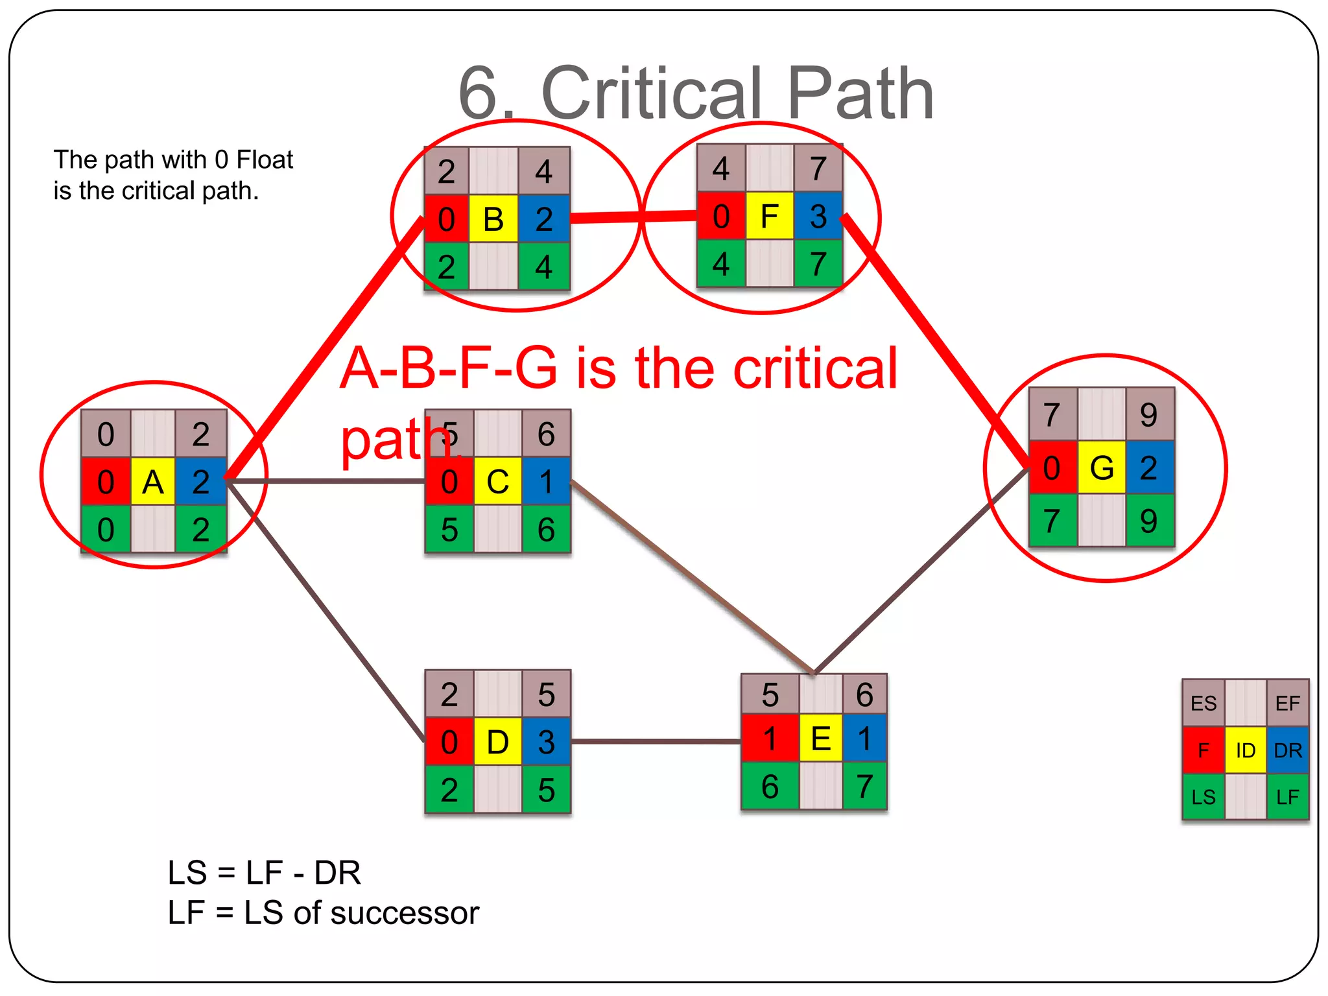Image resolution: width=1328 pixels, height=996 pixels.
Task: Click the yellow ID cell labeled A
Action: pyautogui.click(x=152, y=482)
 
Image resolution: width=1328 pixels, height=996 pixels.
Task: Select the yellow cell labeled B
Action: pyautogui.click(x=493, y=219)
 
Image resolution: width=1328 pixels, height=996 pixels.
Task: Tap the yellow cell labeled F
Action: pyautogui.click(x=769, y=216)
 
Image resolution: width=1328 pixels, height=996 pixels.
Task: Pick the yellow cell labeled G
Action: pyautogui.click(x=1102, y=468)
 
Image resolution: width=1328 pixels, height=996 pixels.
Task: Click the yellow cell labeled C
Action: pyautogui.click(x=497, y=482)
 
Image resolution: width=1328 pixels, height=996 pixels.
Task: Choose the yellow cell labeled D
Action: pyautogui.click(x=497, y=742)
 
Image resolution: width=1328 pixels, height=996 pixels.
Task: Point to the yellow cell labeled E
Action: pyautogui.click(x=820, y=739)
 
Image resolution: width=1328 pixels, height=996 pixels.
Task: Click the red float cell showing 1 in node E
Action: pyautogui.click(x=770, y=739)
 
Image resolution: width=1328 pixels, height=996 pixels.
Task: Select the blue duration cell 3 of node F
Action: pyautogui.click(x=818, y=216)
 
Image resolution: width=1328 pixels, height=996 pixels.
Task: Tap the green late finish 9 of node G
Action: pyautogui.click(x=1149, y=521)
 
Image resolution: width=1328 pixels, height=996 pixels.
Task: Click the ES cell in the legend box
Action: pyautogui.click(x=1203, y=704)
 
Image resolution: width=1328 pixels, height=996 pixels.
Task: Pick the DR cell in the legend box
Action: pyautogui.click(x=1288, y=751)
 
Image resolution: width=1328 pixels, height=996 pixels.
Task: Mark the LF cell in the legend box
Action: pyautogui.click(x=1288, y=797)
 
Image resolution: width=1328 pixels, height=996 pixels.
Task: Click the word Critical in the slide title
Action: pyautogui.click(x=651, y=94)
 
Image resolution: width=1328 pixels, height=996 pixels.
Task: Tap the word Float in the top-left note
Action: pyautogui.click(x=265, y=160)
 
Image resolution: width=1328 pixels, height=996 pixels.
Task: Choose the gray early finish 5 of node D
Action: pyautogui.click(x=546, y=694)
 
